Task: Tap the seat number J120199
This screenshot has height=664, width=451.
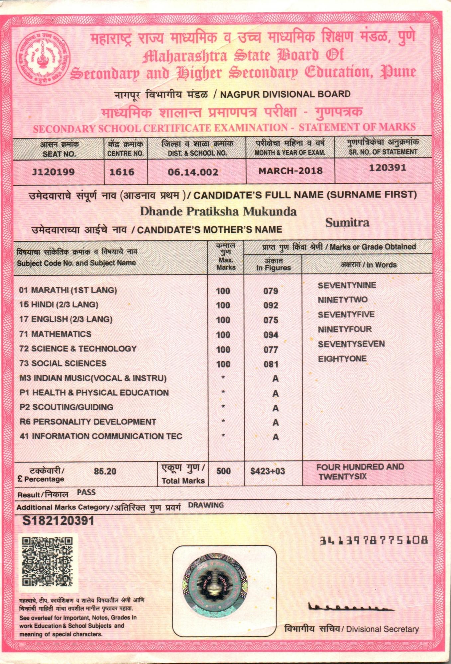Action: [x=53, y=172]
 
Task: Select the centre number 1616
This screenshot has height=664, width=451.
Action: [x=122, y=172]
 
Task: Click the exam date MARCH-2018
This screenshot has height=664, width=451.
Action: [x=290, y=171]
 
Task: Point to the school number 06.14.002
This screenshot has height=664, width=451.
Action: [x=193, y=172]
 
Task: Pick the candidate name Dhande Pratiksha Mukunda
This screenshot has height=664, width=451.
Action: [x=218, y=211]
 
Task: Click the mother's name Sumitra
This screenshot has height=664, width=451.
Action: [x=347, y=222]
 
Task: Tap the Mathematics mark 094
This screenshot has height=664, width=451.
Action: [x=271, y=335]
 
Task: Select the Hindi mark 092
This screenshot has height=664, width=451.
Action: [x=271, y=305]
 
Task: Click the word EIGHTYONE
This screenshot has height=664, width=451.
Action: [x=342, y=359]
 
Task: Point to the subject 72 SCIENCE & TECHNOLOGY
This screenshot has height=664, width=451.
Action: [x=78, y=349]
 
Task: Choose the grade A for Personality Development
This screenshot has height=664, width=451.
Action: [x=275, y=422]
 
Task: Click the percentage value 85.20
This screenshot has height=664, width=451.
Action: [x=105, y=471]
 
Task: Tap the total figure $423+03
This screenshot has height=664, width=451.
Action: [x=268, y=471]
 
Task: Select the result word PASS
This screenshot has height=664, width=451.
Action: [x=86, y=492]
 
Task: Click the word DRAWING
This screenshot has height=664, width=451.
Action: [x=206, y=505]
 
